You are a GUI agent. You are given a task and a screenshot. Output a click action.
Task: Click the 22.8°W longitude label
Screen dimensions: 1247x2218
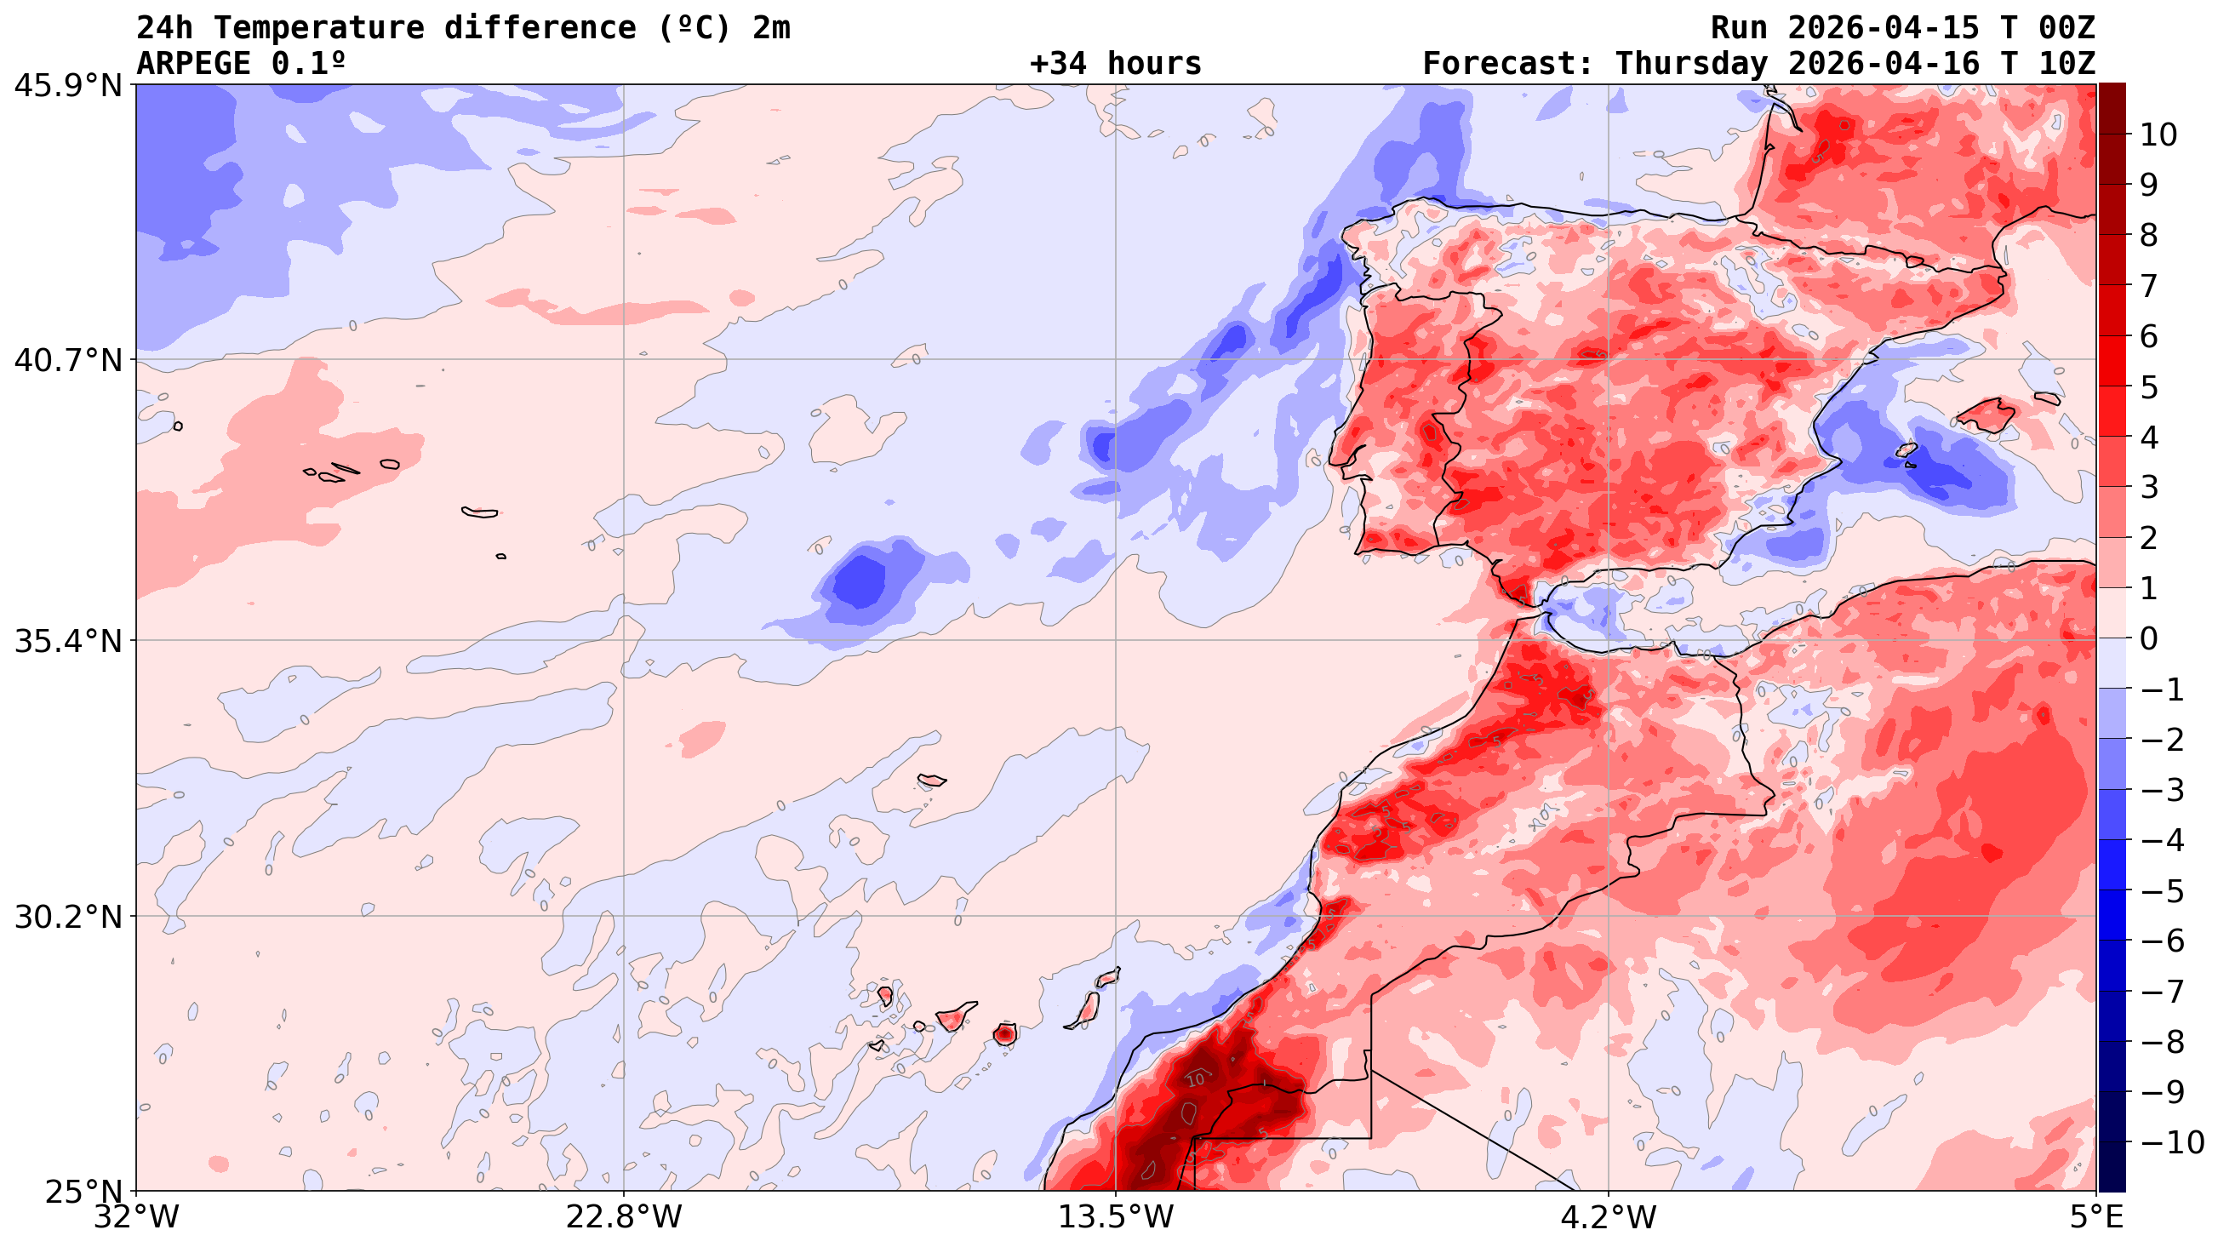[x=623, y=1218]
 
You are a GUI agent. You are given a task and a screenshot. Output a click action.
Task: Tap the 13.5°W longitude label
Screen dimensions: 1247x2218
[x=1116, y=1218]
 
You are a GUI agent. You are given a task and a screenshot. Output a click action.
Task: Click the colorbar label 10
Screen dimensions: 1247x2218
[x=2158, y=135]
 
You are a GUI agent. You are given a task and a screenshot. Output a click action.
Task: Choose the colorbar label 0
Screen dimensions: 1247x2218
[x=2149, y=639]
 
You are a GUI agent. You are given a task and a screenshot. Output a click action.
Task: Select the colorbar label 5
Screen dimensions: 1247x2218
[x=2149, y=387]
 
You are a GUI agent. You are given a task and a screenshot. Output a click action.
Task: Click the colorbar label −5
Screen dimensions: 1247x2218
[x=2162, y=891]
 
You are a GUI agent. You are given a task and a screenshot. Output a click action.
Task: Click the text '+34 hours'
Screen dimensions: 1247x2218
[x=1115, y=64]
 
